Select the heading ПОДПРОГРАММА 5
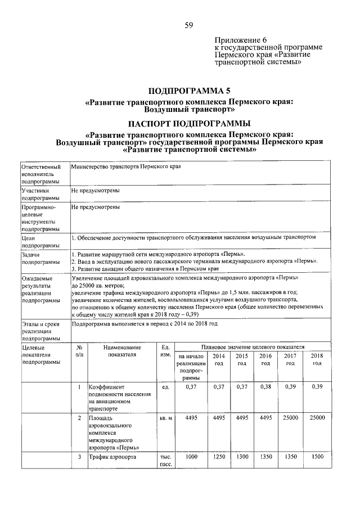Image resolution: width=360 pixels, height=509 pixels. point(189,91)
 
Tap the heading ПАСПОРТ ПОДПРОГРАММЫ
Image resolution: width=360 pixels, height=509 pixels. point(189,124)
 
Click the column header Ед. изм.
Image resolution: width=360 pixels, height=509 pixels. point(165,352)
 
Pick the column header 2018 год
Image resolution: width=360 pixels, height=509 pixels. point(317,360)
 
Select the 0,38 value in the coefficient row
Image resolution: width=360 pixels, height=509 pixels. point(265,388)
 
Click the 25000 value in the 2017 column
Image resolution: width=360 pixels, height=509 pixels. point(290,418)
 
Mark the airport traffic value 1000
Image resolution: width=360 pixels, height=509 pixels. point(191,457)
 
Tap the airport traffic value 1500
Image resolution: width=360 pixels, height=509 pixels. point(317,457)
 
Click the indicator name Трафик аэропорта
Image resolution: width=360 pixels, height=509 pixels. point(112,457)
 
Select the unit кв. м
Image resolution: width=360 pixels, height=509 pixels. point(165,419)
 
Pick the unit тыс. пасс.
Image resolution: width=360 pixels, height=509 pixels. point(165,461)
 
